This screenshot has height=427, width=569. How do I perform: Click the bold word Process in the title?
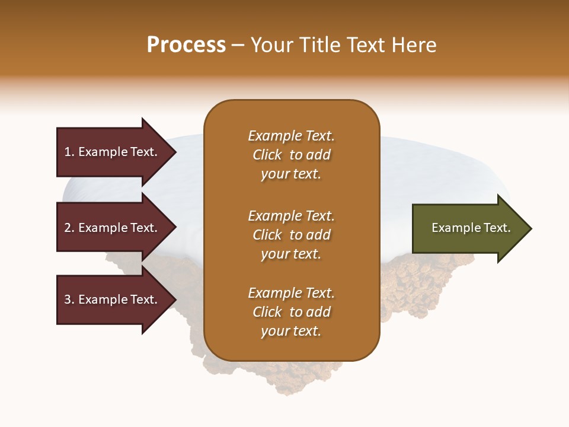coord(186,45)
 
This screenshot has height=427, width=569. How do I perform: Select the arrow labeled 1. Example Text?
coord(113,152)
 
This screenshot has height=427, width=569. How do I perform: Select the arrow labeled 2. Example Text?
coord(113,228)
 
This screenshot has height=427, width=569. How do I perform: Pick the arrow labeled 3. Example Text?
coord(113,300)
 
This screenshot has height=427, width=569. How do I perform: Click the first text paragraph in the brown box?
coord(291,155)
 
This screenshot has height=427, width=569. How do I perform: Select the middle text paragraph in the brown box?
coord(291,235)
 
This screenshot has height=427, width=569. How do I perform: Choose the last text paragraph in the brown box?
coord(291,312)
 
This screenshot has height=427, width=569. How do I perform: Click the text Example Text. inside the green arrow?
coord(471,228)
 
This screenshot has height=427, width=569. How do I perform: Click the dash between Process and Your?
coord(238,46)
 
